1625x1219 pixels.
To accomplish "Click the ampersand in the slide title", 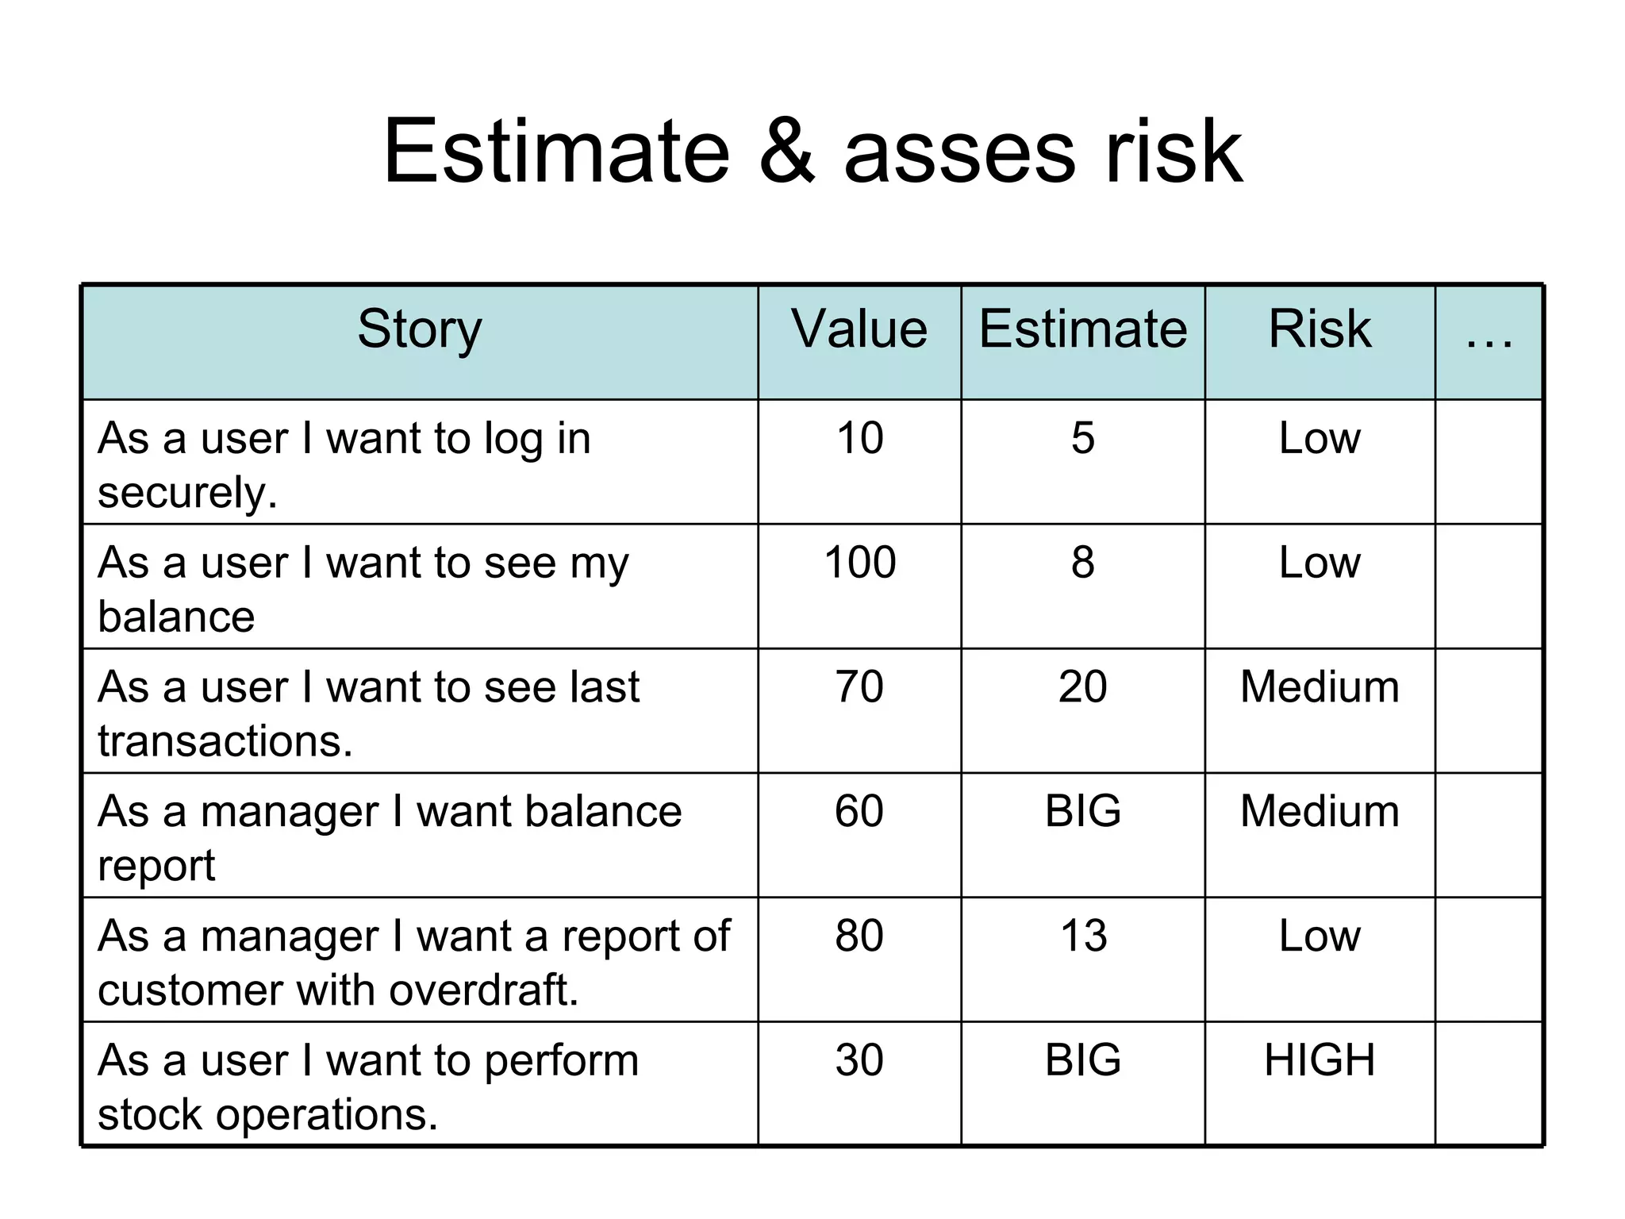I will (786, 151).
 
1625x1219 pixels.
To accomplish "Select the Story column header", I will (419, 329).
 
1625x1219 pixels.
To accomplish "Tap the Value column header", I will (859, 329).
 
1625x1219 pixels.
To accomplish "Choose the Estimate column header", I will (1082, 329).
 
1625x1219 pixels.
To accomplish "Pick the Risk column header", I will (1319, 329).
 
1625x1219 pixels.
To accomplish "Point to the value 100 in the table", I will (859, 562).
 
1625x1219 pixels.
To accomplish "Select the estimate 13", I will (1083, 936).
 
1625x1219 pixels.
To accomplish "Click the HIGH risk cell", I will (1319, 1060).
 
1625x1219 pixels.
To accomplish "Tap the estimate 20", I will (1082, 686).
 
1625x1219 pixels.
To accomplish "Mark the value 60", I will (859, 811).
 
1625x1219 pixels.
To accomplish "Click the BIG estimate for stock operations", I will (1083, 1060).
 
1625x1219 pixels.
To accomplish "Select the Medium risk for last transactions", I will (1319, 686).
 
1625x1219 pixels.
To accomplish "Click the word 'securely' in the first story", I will (186, 493).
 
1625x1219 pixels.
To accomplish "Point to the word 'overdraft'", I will (483, 990).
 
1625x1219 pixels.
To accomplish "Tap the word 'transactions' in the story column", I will (224, 741).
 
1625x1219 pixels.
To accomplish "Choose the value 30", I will (859, 1060).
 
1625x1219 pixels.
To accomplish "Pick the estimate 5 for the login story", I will (1082, 438).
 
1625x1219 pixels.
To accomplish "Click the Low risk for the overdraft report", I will (1319, 936).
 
